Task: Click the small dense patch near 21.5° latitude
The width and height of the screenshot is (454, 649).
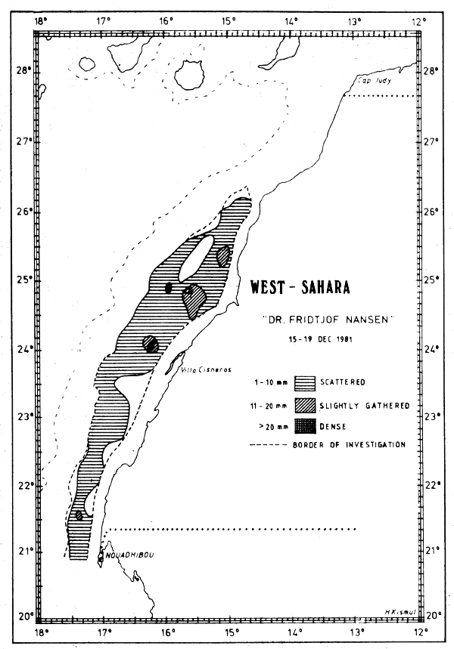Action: click(x=79, y=515)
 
